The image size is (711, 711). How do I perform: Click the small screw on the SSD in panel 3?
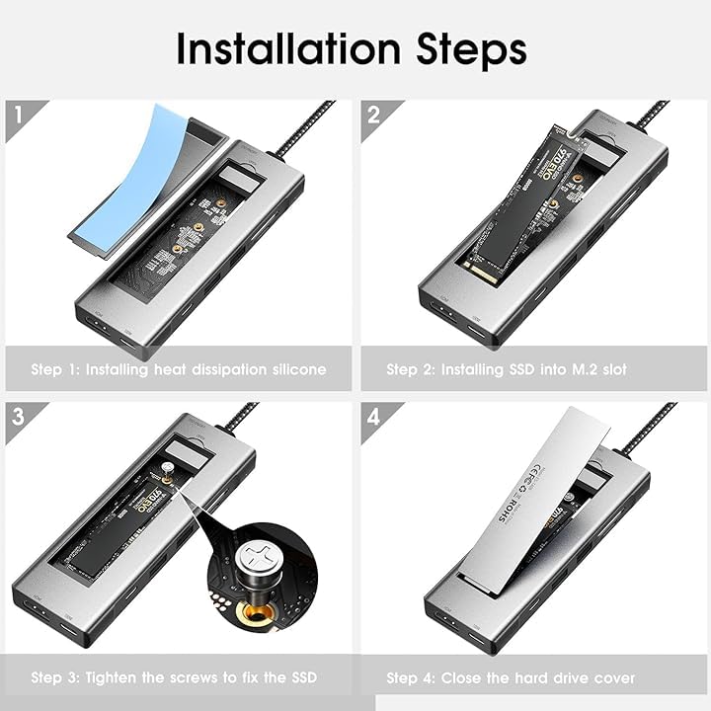(x=168, y=472)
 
